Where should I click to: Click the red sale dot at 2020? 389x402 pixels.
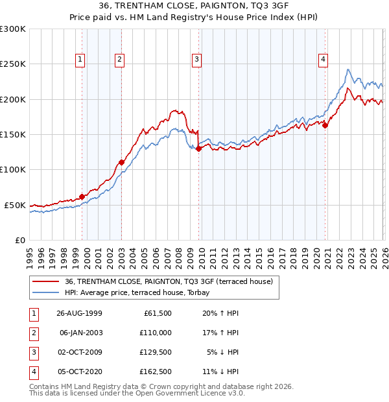pos(325,126)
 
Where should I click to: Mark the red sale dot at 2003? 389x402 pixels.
pos(121,162)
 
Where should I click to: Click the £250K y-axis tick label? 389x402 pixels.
pos(13,64)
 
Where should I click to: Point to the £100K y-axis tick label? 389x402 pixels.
pos(13,170)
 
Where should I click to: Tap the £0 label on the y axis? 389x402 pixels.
pos(19,240)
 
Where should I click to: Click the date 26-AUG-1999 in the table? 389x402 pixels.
pos(79,313)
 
